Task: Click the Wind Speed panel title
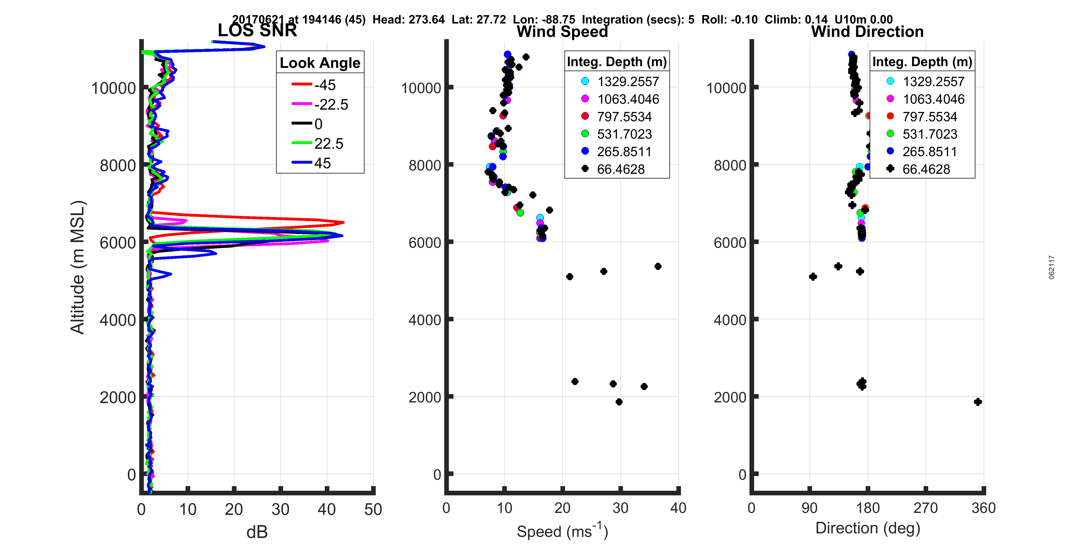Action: [562, 32]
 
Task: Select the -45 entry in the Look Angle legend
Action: [325, 85]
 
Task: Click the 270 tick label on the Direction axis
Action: [925, 508]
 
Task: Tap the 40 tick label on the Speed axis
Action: [678, 508]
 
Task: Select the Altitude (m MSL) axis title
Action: [78, 267]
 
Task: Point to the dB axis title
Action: [257, 532]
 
